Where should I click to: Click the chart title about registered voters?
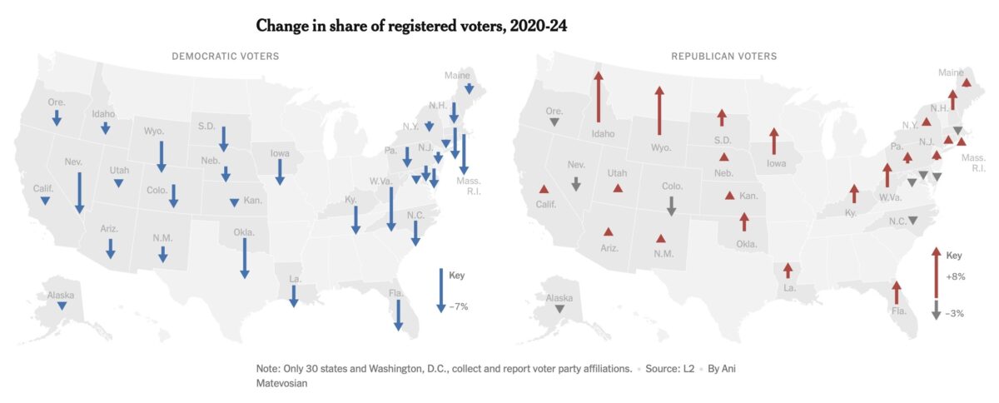[x=411, y=27]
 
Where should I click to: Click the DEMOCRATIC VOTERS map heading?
[x=225, y=56]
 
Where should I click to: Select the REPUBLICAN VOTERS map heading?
[x=723, y=56]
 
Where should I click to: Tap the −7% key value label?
[x=459, y=306]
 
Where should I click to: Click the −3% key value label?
[x=955, y=314]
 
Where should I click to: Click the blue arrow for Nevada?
[x=79, y=192]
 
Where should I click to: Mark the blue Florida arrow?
[x=399, y=316]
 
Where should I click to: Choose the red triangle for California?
[x=544, y=189]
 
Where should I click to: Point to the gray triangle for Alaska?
[x=559, y=309]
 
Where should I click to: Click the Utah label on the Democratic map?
[x=119, y=170]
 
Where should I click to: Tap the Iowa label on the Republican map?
[x=776, y=163]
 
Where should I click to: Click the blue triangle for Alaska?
[x=62, y=306]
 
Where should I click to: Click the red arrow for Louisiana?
[x=788, y=271]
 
